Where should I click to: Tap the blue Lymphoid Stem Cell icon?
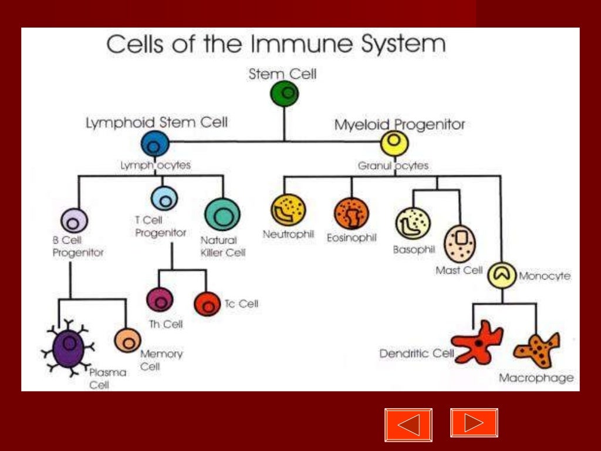pos(155,144)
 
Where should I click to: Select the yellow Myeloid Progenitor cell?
pos(394,143)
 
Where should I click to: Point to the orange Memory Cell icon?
pos(127,340)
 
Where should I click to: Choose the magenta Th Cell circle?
pos(159,299)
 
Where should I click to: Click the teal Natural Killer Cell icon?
pos(222,216)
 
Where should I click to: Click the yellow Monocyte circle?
pos(501,275)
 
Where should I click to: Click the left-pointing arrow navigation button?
pos(408,425)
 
